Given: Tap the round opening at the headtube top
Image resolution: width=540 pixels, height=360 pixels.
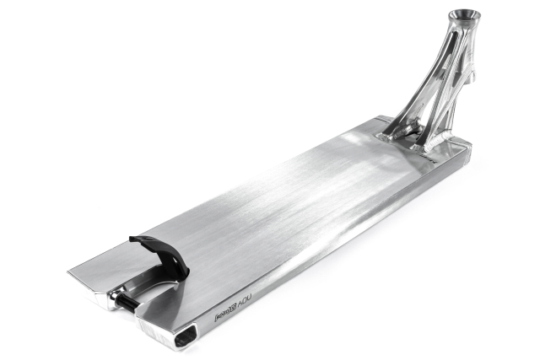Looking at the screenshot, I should [463, 15].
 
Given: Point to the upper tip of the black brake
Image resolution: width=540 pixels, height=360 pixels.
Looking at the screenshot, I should [134, 241].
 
